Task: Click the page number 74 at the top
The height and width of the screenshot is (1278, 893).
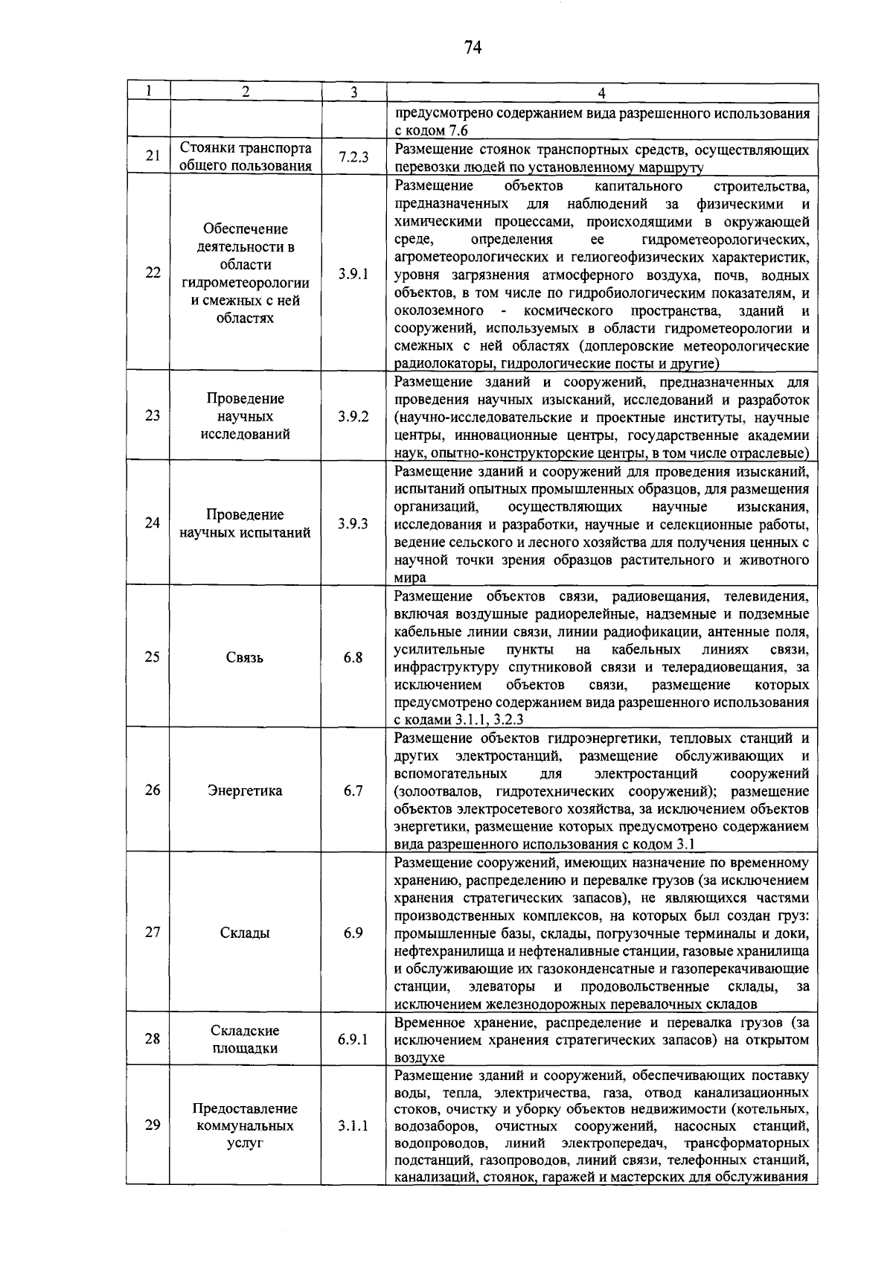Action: tap(473, 48)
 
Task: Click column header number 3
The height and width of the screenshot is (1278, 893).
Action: tap(353, 92)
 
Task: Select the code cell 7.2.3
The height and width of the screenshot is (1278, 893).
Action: tap(353, 157)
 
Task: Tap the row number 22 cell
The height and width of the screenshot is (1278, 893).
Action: tap(153, 272)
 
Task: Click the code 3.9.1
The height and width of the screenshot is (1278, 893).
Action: tap(353, 273)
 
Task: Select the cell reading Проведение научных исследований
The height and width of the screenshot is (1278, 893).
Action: tap(245, 416)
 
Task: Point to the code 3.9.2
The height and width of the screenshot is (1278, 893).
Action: tap(353, 416)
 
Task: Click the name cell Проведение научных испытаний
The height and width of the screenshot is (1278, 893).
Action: tap(245, 523)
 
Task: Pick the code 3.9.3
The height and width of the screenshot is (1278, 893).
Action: tap(353, 523)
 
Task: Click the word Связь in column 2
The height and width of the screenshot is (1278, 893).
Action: tap(245, 657)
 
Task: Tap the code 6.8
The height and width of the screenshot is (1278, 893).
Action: tap(353, 657)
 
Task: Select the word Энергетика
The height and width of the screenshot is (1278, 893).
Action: tap(245, 790)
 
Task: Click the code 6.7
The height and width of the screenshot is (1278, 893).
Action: tap(353, 790)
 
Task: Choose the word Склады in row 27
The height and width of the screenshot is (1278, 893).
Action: tap(245, 933)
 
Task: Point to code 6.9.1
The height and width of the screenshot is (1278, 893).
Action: tap(353, 1039)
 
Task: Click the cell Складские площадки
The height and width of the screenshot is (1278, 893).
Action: tap(245, 1039)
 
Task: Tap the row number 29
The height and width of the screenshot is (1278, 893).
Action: tap(153, 1125)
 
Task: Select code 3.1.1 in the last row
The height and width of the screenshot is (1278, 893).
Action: tap(353, 1125)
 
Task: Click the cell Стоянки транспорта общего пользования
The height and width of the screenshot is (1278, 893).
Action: tap(245, 157)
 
